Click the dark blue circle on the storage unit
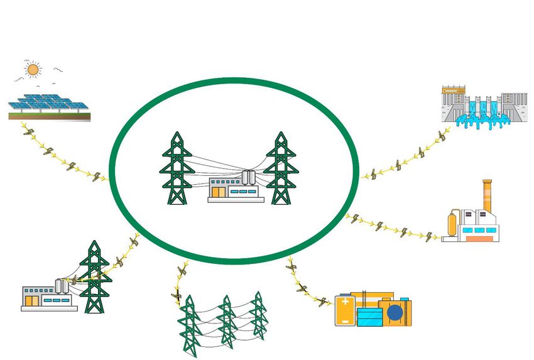pos(395,312)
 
